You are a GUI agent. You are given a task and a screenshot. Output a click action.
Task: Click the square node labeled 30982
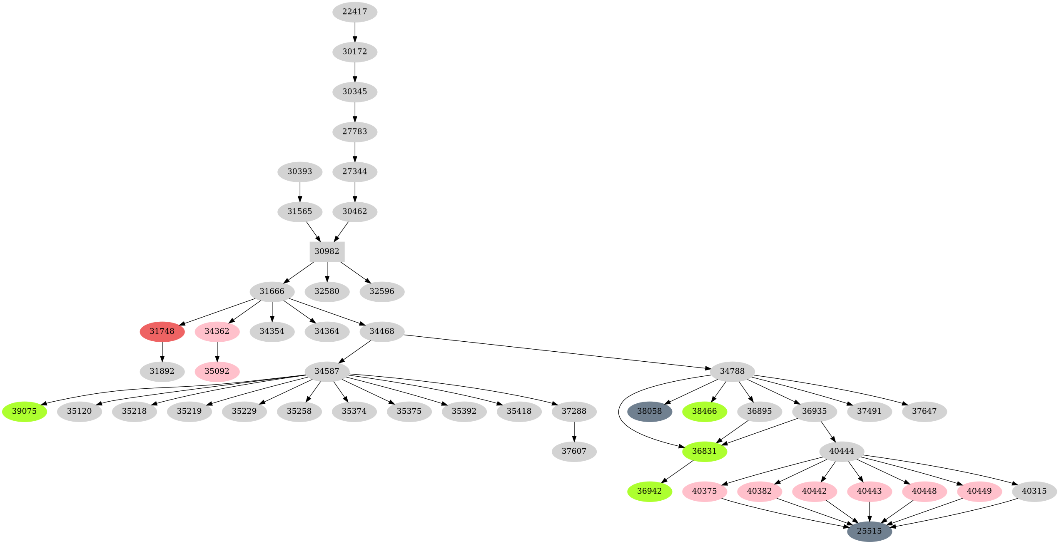coord(327,251)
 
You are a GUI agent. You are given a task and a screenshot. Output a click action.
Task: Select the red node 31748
coord(162,331)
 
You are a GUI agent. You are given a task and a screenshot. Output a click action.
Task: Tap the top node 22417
coord(355,12)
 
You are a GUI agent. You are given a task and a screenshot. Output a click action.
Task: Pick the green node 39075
coord(25,411)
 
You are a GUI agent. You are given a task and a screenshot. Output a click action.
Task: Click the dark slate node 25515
coord(870,531)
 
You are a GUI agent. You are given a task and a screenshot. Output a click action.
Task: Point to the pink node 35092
coord(217,371)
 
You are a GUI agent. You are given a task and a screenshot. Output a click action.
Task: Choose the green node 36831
coord(705,451)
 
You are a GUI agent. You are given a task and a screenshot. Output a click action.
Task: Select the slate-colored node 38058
coord(650,411)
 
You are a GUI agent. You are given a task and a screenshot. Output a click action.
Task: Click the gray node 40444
coord(842,451)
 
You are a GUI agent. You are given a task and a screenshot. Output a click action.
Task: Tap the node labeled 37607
coord(574,451)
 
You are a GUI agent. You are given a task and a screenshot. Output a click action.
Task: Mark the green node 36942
coord(650,491)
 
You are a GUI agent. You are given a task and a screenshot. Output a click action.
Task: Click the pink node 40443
coord(870,491)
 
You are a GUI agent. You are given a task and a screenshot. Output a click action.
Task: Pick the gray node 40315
coord(1034,491)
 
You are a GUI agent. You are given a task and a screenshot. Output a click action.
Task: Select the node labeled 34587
coord(327,371)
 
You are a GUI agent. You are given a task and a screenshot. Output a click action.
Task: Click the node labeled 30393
coord(300,171)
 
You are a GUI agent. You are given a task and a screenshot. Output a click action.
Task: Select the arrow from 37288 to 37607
coord(574,431)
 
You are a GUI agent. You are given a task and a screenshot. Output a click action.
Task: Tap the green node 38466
coord(705,411)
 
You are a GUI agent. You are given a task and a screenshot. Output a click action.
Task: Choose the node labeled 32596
coord(382,291)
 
